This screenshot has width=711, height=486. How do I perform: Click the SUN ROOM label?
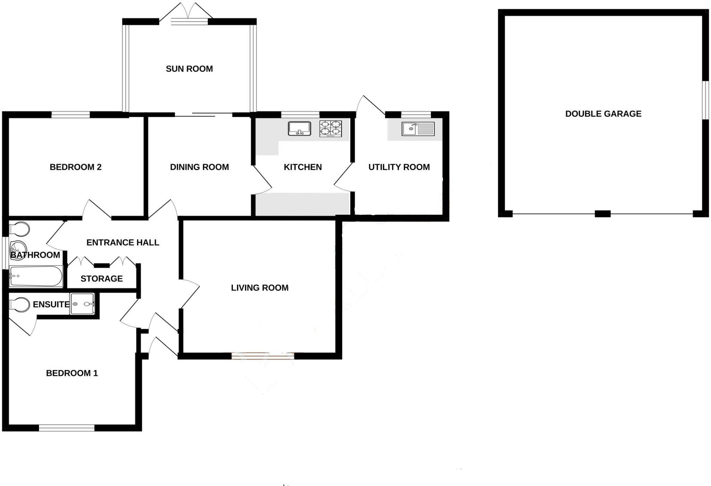tap(189, 69)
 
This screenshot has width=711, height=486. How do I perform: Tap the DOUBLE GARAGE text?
tap(603, 114)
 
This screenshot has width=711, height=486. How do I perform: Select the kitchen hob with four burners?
tap(331, 128)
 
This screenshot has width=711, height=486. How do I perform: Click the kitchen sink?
tap(299, 128)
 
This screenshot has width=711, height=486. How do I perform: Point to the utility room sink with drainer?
tap(418, 129)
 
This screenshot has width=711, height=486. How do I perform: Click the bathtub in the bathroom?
tap(36, 276)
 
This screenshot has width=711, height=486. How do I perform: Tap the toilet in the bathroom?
tap(19, 229)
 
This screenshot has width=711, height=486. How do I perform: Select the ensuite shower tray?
tap(82, 304)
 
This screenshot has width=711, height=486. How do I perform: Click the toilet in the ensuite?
tap(19, 305)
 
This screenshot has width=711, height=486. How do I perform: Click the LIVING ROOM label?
tap(260, 288)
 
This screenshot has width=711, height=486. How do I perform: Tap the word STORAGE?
tap(102, 279)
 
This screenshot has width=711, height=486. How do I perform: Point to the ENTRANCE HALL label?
tap(123, 243)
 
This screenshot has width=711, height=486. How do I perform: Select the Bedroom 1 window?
tap(67, 428)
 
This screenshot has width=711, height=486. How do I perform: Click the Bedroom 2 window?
tap(70, 114)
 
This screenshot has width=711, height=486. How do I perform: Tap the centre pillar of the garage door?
tap(603, 214)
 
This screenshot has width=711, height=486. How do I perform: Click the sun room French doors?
tap(189, 21)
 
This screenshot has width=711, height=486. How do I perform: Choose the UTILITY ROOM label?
tap(399, 167)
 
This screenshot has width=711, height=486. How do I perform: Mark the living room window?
tap(263, 356)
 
